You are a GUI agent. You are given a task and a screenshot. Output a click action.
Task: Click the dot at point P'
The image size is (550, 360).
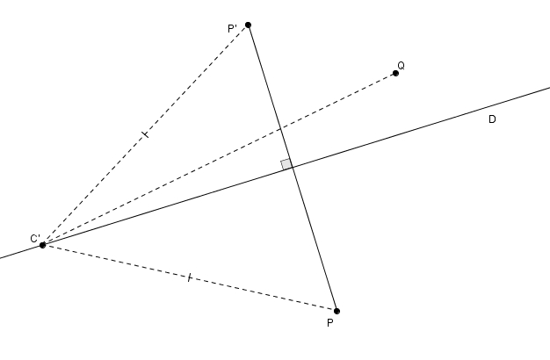248,25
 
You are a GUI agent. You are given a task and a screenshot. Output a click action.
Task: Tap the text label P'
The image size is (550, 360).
233,29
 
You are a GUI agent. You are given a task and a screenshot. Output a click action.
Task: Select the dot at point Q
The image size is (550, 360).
395,73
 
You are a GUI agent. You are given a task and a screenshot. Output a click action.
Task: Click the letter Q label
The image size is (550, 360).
401,66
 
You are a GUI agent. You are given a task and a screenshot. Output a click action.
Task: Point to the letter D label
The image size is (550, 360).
492,119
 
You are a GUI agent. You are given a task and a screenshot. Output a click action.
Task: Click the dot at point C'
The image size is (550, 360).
42,245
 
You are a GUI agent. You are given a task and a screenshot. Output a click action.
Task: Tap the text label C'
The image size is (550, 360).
36,238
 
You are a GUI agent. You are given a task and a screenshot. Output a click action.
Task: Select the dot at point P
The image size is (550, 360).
337,311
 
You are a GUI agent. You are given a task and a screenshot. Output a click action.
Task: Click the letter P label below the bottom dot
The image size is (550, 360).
329,323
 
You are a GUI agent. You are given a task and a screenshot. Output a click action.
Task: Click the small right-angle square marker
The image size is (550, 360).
286,164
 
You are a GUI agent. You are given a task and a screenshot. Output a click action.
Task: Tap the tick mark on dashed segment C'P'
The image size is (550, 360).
144,134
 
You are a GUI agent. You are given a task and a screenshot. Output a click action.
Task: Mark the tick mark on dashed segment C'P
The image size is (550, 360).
189,277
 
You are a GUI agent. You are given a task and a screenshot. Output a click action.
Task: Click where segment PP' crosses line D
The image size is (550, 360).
292,167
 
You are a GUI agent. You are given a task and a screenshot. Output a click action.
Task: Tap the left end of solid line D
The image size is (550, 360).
2,257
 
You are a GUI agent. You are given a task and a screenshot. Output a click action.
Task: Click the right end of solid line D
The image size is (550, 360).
547,87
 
